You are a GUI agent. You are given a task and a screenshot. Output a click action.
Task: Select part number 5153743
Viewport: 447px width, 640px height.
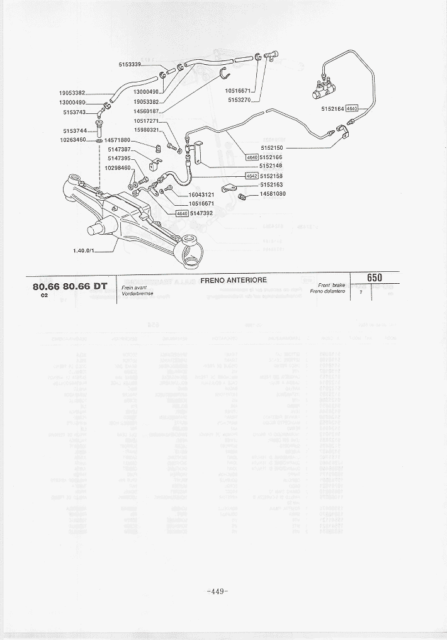tap(74, 112)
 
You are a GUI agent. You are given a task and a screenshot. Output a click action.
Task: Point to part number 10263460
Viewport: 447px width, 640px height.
tap(72, 140)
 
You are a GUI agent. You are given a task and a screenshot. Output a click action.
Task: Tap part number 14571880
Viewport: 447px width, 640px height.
tap(118, 140)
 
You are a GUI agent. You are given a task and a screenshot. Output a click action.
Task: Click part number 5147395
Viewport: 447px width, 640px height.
tap(119, 159)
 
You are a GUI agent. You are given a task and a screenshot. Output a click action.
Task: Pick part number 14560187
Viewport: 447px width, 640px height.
tap(146, 111)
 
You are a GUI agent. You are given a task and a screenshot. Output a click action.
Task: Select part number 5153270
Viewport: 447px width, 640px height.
tap(240, 99)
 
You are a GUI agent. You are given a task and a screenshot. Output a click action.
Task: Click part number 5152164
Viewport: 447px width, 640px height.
tap(332, 108)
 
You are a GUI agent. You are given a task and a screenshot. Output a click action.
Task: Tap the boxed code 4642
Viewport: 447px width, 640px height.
tap(252, 176)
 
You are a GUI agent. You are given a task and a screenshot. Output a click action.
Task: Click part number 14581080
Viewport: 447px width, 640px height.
tap(273, 194)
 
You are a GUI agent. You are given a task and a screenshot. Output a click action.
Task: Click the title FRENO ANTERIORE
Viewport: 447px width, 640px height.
tap(233, 280)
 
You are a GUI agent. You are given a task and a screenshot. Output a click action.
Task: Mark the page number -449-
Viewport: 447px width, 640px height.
tap(217, 591)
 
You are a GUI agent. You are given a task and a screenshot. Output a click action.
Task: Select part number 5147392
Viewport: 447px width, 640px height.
tap(202, 213)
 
